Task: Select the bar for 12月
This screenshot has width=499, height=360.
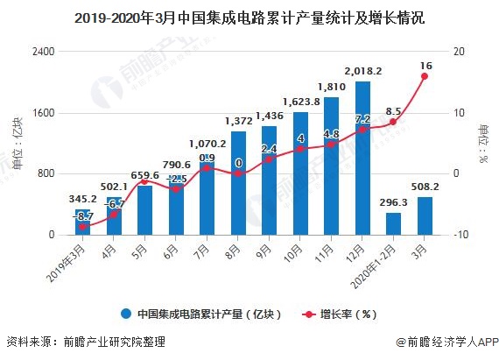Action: pos(362,159)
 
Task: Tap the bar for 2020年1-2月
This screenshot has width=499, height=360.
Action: pos(393,224)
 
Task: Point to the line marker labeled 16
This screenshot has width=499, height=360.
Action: pos(425,76)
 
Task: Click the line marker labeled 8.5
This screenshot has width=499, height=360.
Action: pos(393,122)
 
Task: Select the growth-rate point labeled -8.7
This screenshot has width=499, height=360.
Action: pos(83,227)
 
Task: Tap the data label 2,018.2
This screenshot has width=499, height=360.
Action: pos(362,71)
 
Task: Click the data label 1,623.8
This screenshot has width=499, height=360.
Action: pos(300,101)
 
